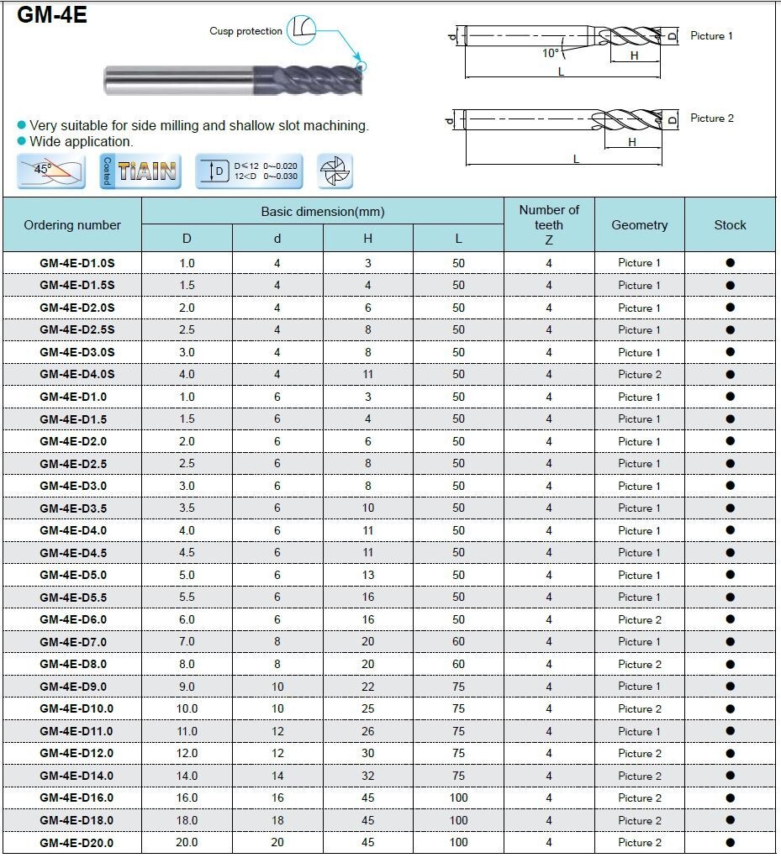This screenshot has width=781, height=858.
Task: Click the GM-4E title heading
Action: click(x=52, y=15)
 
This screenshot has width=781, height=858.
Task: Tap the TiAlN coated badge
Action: click(x=140, y=171)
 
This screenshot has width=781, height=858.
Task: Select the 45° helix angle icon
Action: click(x=50, y=171)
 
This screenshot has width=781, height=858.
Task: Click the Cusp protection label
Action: click(x=245, y=31)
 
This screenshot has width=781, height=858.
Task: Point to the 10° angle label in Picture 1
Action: click(x=550, y=53)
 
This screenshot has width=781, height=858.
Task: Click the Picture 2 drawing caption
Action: click(x=711, y=118)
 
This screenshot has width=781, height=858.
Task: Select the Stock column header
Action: click(x=730, y=225)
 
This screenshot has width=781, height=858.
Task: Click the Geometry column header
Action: click(x=640, y=225)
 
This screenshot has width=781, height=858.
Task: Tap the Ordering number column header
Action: click(x=72, y=225)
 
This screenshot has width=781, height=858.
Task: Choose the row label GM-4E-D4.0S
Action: click(x=77, y=374)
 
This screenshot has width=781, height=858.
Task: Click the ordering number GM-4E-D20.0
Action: click(x=77, y=842)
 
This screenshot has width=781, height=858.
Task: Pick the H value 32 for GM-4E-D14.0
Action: click(x=368, y=776)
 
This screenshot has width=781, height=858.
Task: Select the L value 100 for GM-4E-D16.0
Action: click(x=458, y=797)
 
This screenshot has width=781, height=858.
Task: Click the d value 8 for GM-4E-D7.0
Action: click(x=277, y=642)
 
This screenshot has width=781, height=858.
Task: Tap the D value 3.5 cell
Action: click(x=187, y=508)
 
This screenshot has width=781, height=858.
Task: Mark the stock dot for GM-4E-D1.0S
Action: click(x=730, y=263)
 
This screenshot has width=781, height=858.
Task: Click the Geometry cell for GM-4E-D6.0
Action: click(x=640, y=619)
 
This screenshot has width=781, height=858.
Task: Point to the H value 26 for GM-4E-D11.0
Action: click(x=368, y=731)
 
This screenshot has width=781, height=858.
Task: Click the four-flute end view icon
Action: click(x=335, y=171)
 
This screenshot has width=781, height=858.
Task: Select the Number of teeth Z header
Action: click(x=549, y=225)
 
